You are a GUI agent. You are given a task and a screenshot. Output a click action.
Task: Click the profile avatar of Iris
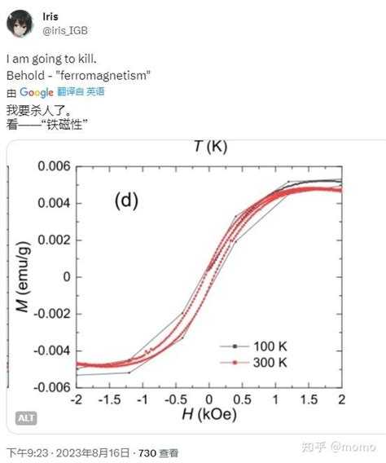tap(23, 24)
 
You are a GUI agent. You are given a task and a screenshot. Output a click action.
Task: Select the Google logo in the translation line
tap(37, 92)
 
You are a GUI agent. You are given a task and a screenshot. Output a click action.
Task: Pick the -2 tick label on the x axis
tap(76, 399)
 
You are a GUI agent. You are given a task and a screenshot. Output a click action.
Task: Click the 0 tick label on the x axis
tap(209, 399)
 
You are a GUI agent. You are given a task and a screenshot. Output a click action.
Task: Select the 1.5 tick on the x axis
tap(308, 399)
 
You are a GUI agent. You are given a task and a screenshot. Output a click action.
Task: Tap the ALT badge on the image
tap(26, 418)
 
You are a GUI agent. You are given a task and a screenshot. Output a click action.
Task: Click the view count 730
tap(147, 452)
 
